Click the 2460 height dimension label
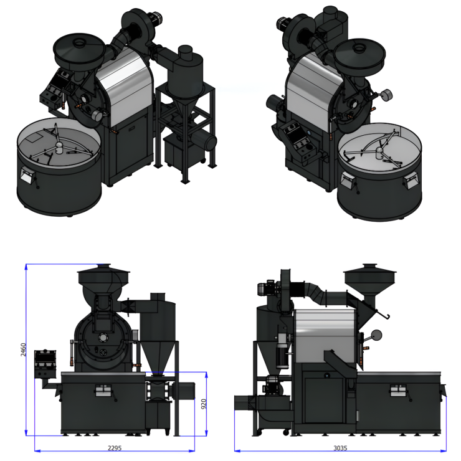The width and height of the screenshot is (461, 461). point(23,349)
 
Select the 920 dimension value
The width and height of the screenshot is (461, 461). point(204,404)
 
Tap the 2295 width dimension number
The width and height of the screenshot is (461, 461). point(115,448)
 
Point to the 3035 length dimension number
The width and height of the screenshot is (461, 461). point(340,448)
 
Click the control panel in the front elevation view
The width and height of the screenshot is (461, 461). point(45,363)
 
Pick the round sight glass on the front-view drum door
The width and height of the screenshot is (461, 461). point(103,338)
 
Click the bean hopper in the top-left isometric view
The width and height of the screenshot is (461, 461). point(78,52)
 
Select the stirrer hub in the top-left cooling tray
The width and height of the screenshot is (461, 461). point(59,147)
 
